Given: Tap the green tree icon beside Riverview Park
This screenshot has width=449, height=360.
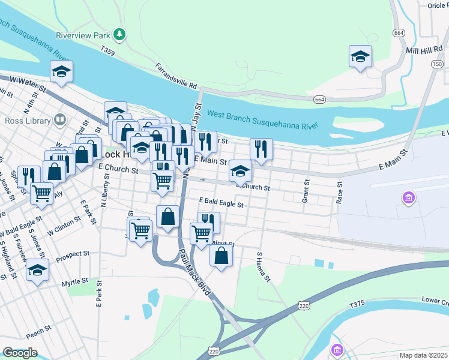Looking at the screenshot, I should click(120, 34).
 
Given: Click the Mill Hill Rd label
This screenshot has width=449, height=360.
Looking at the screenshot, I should click(424, 50).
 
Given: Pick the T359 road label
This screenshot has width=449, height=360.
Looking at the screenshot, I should click(107, 52).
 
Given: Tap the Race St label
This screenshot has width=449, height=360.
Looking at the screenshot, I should click(339, 193).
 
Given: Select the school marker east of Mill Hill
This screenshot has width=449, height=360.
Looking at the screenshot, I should click(360, 57).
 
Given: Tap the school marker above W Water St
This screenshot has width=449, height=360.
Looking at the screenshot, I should click(61, 72).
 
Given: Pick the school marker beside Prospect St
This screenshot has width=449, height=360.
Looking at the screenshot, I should click(37, 270).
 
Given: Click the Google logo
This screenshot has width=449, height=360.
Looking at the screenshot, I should click(20, 353).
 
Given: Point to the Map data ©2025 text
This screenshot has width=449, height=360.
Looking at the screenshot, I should click(423, 355).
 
